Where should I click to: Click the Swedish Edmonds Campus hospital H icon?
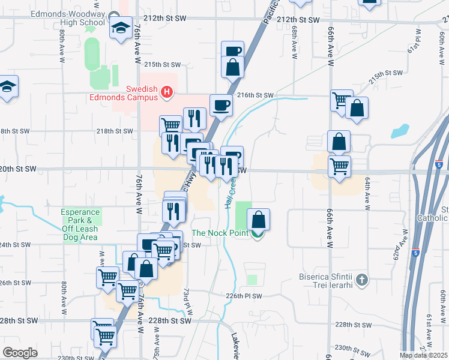(167, 92)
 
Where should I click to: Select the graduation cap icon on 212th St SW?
(121, 27)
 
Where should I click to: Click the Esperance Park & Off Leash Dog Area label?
(81, 225)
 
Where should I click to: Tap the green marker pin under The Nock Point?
(258, 235)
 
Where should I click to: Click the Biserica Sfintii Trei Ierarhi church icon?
(361, 280)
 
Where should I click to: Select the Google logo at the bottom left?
(20, 353)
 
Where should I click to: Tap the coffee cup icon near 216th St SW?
(221, 105)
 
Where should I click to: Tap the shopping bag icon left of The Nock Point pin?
(259, 218)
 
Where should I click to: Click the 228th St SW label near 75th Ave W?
(170, 321)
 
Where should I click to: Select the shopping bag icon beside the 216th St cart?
(357, 109)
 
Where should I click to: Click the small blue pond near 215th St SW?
(399, 131)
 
